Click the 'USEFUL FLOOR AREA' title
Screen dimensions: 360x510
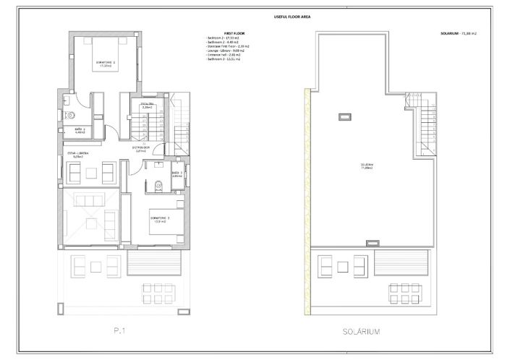[255, 16]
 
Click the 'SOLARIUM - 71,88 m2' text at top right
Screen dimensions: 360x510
[462, 33]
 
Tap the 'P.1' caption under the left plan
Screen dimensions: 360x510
[120, 332]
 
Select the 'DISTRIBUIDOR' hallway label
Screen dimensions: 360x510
[141, 149]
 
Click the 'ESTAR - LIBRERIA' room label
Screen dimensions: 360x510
[78, 155]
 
